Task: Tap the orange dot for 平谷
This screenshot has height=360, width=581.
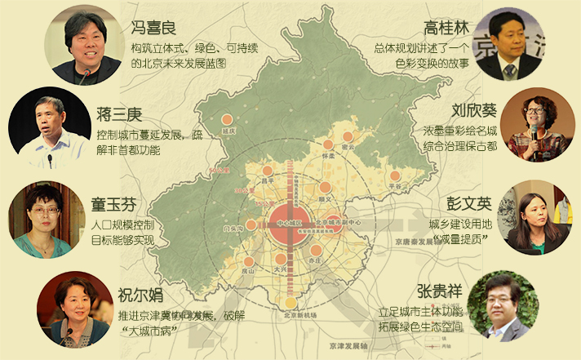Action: tap(395, 176)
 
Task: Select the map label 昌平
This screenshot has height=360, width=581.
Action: tap(264, 180)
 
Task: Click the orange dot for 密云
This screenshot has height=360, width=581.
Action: tap(349, 136)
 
